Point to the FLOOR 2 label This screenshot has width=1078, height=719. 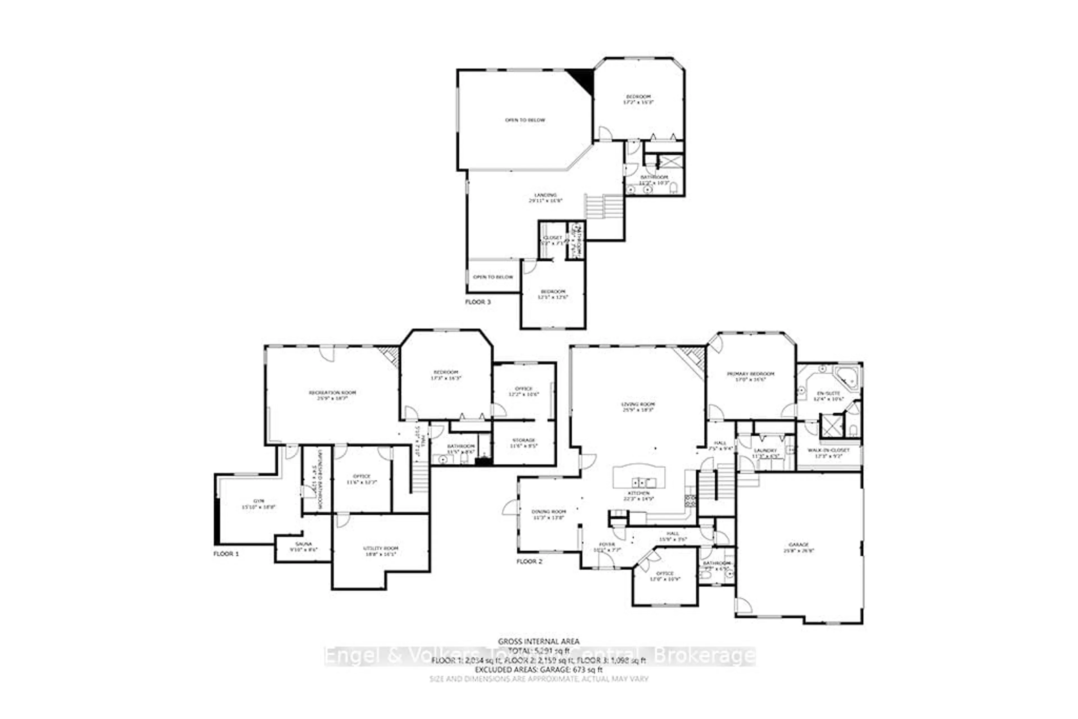click(529, 561)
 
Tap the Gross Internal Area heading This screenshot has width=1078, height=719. click(538, 642)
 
